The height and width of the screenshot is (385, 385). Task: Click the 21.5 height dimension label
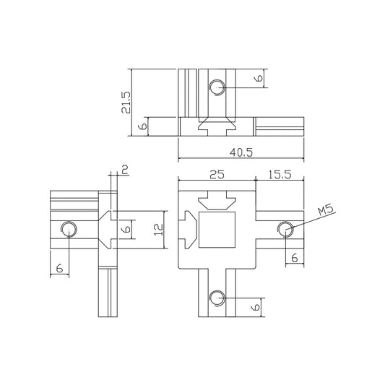tap(126, 103)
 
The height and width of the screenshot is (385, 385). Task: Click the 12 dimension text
tap(159, 229)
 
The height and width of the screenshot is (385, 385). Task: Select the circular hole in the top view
tap(216, 88)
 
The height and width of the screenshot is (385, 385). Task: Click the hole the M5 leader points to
tap(285, 229)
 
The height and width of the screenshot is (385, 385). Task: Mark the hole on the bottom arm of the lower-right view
tap(216, 297)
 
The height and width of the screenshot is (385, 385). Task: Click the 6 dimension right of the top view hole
tap(258, 79)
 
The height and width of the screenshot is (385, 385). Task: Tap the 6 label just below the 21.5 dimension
tap(144, 126)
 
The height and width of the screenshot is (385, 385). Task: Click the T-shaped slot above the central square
tap(217, 200)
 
